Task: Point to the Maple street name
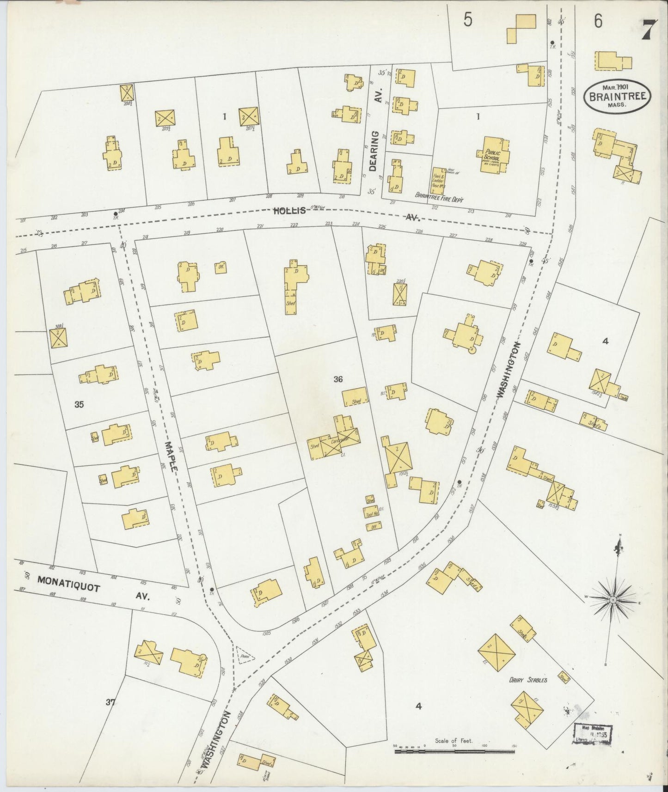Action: pyautogui.click(x=171, y=456)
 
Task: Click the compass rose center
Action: pyautogui.click(x=613, y=599)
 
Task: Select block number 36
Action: pyautogui.click(x=338, y=379)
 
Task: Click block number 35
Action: pyautogui.click(x=79, y=404)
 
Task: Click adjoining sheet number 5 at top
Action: pyautogui.click(x=468, y=21)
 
